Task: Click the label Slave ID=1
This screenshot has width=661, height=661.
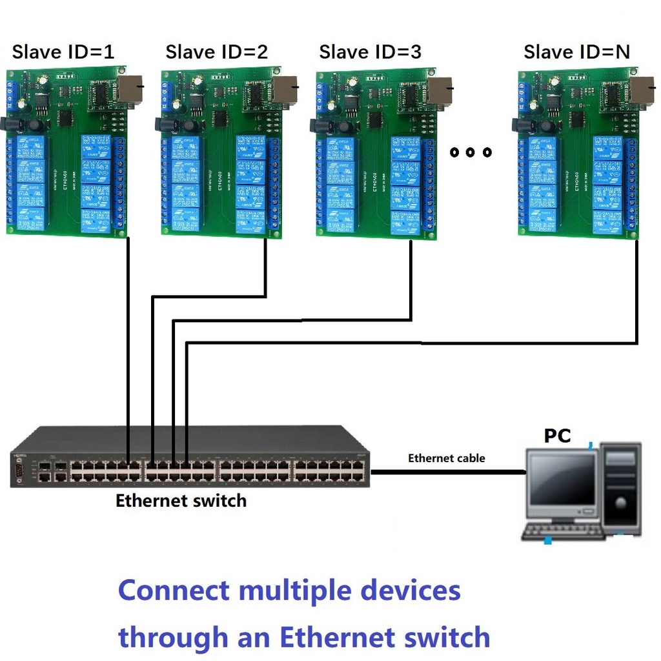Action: tap(63, 52)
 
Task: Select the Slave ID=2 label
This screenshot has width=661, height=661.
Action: tap(216, 52)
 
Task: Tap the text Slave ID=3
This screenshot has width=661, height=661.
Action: tap(370, 52)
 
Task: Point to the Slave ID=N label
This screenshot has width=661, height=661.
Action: tap(576, 52)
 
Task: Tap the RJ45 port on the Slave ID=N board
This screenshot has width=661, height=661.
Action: tap(642, 90)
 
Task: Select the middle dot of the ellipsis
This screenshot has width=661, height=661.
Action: tap(471, 152)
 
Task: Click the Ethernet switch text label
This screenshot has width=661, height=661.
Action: tap(181, 500)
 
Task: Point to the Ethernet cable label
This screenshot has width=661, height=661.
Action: tap(446, 458)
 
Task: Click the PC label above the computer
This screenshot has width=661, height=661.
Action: tap(557, 436)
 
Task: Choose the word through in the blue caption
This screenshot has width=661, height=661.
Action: tap(173, 638)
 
